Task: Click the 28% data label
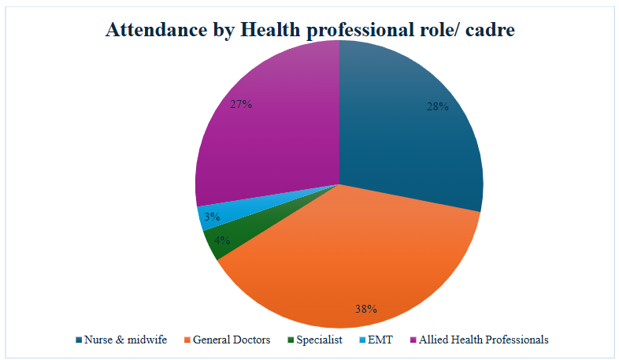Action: point(438,106)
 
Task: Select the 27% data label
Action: point(241,104)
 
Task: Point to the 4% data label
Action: point(221,240)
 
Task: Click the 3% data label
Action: point(211,216)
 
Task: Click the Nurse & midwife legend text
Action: point(125,340)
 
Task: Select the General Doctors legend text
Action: point(232,340)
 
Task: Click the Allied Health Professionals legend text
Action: point(483,340)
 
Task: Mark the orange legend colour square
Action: point(186,340)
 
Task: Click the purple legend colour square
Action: point(412,340)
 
